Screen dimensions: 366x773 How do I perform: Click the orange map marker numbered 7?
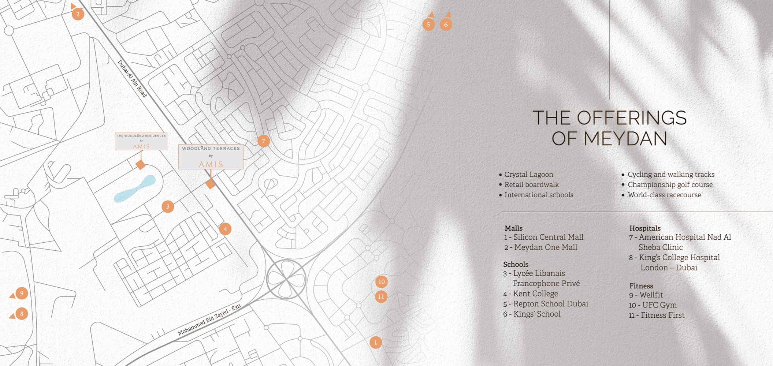click(x=263, y=141)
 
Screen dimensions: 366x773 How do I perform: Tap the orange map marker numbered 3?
click(x=168, y=206)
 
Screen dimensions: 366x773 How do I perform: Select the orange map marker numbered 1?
click(x=375, y=343)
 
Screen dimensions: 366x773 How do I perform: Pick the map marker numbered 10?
click(x=381, y=282)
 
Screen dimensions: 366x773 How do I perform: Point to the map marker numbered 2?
click(x=78, y=14)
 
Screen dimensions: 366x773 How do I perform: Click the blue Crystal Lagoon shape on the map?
click(x=135, y=189)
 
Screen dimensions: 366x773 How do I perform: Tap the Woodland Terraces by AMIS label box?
click(x=211, y=157)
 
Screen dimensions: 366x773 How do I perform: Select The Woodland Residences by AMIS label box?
click(x=141, y=141)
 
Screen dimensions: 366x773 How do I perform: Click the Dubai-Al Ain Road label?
click(x=132, y=79)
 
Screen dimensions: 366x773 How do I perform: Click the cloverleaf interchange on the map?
click(x=286, y=280)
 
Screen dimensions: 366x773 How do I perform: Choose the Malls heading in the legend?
click(x=513, y=228)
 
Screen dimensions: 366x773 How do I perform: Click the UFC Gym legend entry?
click(x=653, y=305)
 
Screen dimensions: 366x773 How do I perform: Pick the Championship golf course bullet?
click(x=670, y=185)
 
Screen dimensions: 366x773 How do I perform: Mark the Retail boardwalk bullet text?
click(x=531, y=185)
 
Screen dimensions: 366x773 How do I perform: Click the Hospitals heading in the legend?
click(x=645, y=228)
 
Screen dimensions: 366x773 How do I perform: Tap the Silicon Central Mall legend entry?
click(x=544, y=238)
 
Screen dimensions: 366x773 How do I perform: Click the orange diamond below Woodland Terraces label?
click(x=210, y=184)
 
